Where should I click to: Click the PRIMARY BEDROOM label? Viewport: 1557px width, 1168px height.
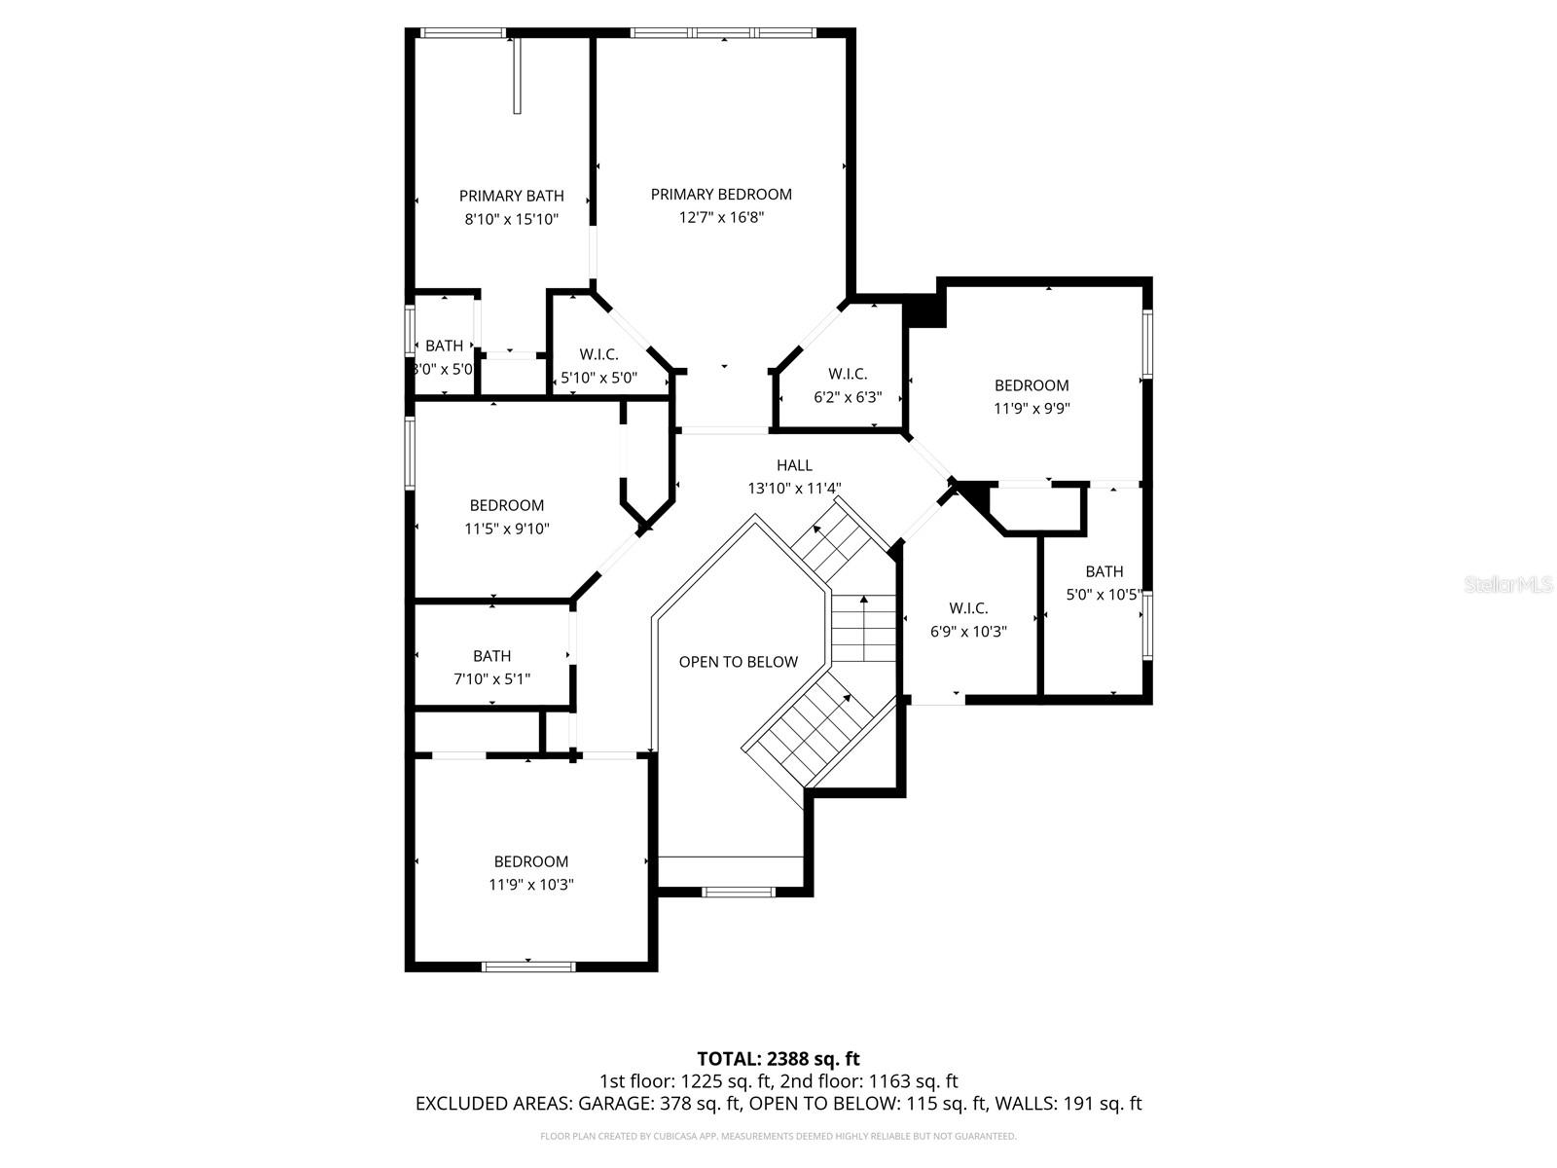tap(721, 195)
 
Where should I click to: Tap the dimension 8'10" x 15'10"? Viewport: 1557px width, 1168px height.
tap(511, 220)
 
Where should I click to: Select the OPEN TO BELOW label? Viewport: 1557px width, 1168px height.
tap(738, 662)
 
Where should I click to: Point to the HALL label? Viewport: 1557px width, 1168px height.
tap(794, 466)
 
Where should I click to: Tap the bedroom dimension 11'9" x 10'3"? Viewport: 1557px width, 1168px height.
tap(531, 885)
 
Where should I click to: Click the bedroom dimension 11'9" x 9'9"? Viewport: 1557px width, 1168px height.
tap(1032, 409)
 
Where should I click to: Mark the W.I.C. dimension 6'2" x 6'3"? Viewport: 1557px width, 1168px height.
tap(848, 397)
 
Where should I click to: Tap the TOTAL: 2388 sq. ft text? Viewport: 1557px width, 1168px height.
tap(778, 1058)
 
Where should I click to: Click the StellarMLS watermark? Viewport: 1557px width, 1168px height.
tap(1507, 585)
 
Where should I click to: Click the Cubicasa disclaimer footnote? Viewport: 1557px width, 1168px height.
tap(778, 1136)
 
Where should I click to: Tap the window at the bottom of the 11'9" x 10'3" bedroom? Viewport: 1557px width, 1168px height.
tap(528, 967)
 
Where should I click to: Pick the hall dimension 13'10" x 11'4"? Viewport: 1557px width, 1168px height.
tap(794, 490)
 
